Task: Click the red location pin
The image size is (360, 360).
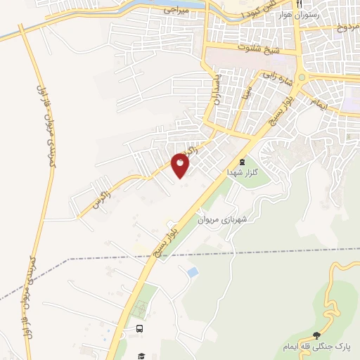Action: tap(181, 164)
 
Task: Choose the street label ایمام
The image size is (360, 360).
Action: tap(316, 104)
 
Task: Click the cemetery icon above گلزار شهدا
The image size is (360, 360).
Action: tap(243, 161)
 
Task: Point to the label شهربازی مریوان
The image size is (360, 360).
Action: tap(222, 220)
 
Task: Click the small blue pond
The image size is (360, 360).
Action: tap(193, 271)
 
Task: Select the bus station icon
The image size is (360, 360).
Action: tap(139, 328)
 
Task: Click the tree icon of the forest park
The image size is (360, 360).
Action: tap(316, 335)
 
